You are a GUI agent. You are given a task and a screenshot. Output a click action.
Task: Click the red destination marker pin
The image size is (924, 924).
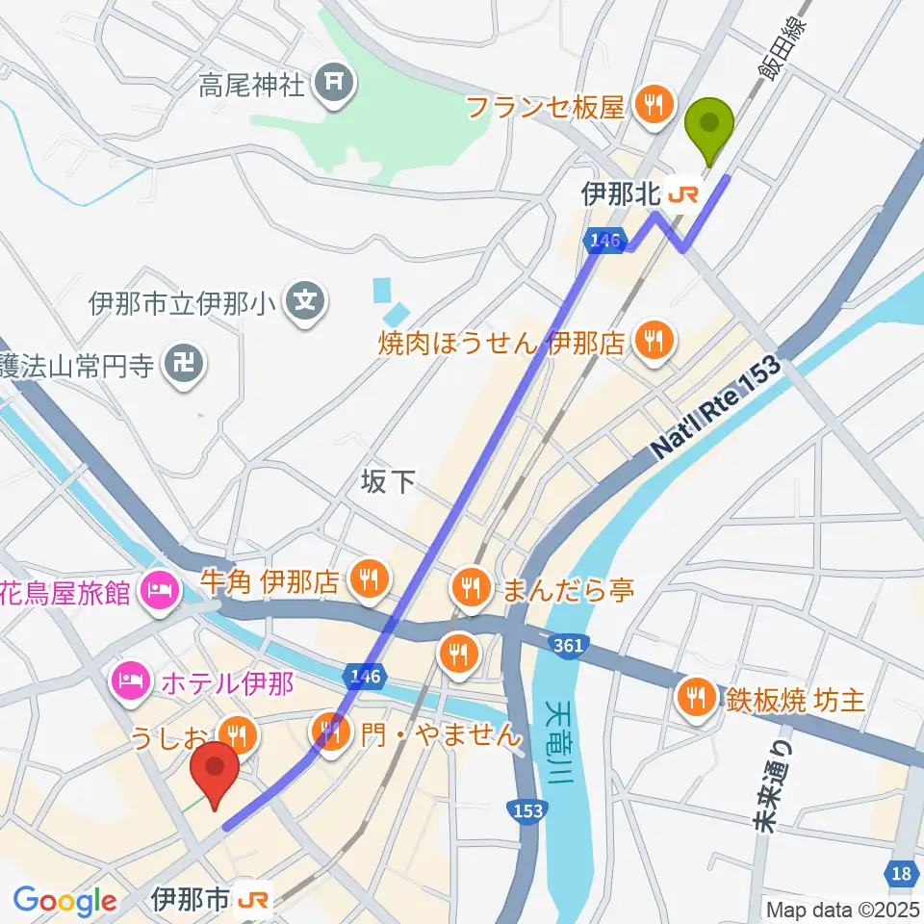click(215, 773)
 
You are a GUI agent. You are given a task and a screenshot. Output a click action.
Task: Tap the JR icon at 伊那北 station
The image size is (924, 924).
click(682, 195)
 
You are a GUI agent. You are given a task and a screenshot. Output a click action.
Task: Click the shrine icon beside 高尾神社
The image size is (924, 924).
click(334, 86)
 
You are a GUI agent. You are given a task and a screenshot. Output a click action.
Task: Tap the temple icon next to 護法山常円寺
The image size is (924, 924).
click(183, 365)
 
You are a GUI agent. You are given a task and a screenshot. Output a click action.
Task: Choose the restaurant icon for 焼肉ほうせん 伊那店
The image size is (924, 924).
click(654, 340)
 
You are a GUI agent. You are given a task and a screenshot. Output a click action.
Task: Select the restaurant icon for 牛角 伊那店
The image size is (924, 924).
click(368, 580)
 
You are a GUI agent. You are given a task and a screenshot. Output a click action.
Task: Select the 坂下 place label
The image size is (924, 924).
click(390, 481)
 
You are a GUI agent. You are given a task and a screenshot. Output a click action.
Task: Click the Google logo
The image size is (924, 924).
click(64, 900)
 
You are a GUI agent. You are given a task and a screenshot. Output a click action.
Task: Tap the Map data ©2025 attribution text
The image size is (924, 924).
click(842, 909)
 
